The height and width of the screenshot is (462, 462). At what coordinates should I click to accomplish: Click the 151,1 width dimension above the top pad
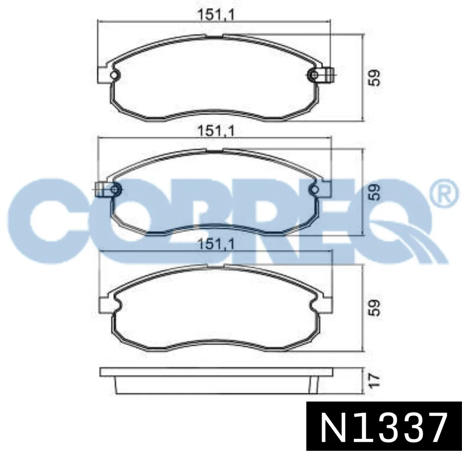click(x=216, y=15)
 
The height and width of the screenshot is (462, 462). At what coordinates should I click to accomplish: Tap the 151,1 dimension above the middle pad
click(x=216, y=131)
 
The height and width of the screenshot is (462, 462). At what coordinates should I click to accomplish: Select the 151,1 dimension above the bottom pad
click(x=216, y=244)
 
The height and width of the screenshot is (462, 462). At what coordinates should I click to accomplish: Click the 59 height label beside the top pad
click(x=374, y=78)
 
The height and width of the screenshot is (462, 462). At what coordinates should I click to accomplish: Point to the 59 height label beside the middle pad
click(x=374, y=192)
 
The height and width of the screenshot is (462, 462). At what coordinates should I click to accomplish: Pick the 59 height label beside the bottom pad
click(x=374, y=308)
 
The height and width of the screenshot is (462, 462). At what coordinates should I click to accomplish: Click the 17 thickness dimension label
click(x=374, y=380)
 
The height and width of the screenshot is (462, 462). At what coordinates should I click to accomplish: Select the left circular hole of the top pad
click(x=114, y=75)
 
